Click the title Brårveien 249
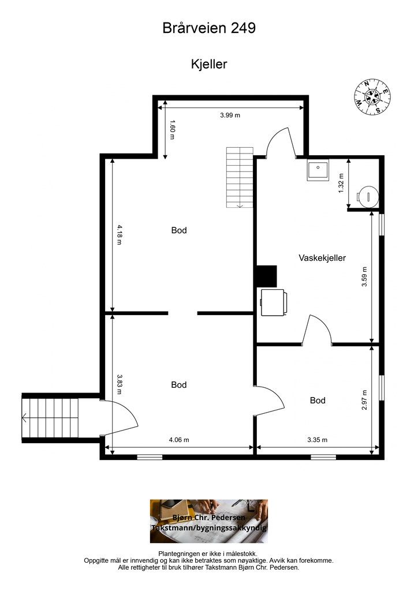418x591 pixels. click(209, 28)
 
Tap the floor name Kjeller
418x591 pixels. click(209, 64)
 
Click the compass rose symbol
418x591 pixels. click(372, 97)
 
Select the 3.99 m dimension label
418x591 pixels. click(230, 115)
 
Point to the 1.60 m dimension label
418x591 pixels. click(172, 130)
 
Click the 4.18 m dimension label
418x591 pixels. click(120, 234)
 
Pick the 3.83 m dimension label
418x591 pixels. click(120, 384)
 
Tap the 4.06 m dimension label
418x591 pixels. click(179, 439)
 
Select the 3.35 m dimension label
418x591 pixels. click(318, 439)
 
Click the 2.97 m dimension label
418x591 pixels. click(364, 400)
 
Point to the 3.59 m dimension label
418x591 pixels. click(364, 276)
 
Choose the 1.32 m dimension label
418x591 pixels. click(341, 183)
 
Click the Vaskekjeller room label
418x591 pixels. click(322, 258)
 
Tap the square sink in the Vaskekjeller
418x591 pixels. click(318, 170)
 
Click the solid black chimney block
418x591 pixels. click(267, 276)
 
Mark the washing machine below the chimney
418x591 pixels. click(273, 302)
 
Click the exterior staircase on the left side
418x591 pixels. click(50, 418)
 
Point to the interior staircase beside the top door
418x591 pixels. click(240, 177)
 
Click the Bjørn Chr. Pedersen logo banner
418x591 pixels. click(209, 521)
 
